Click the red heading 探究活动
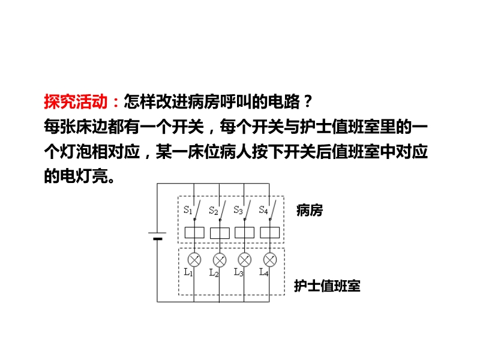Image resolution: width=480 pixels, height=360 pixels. pyautogui.click(x=76, y=101)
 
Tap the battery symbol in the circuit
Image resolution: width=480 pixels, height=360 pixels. pyautogui.click(x=157, y=236)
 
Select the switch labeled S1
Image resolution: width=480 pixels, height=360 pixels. pyautogui.click(x=197, y=210)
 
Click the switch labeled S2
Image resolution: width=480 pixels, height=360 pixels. pyautogui.click(x=222, y=211)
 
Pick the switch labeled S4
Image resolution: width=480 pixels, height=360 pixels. pyautogui.click(x=272, y=211)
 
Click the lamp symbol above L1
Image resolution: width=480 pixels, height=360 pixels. pyautogui.click(x=194, y=260)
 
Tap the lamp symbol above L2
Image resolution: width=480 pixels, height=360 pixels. pyautogui.click(x=220, y=260)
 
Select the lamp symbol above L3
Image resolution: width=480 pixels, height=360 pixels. pyautogui.click(x=244, y=260)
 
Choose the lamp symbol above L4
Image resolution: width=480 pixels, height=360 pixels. pyautogui.click(x=269, y=260)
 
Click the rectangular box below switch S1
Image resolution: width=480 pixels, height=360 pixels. pyautogui.click(x=194, y=233)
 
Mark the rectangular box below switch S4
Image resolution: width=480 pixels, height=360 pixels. pyautogui.click(x=269, y=233)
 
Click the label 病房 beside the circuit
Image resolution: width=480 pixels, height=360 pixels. pyautogui.click(x=310, y=211)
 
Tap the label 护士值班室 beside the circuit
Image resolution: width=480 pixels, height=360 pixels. pyautogui.click(x=327, y=286)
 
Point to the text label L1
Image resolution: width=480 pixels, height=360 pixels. pyautogui.click(x=188, y=272)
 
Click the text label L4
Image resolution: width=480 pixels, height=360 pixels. pyautogui.click(x=264, y=272)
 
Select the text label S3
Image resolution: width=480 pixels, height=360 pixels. pyautogui.click(x=238, y=210)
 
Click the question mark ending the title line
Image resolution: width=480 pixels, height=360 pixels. pyautogui.click(x=308, y=101)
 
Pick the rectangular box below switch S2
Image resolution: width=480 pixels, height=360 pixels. pyautogui.click(x=220, y=233)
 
